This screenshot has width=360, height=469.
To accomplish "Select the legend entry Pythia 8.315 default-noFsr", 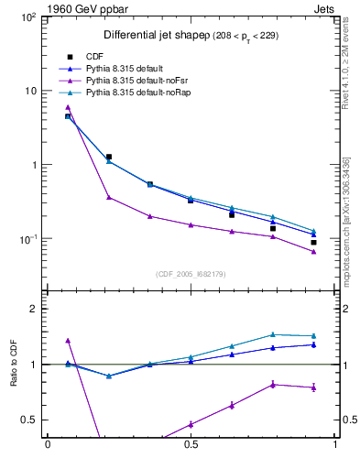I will pos(136,81).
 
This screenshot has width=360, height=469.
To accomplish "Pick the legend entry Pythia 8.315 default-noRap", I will pos(136,93).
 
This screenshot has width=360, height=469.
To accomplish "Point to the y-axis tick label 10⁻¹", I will pos(27,239).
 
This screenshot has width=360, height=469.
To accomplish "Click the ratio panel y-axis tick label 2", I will pos(33,309).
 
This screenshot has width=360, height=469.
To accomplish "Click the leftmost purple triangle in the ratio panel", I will pos(68,341).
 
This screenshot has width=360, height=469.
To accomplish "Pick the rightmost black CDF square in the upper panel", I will pos(313,243).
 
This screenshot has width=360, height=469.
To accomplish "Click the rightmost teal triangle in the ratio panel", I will pos(313,336).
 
